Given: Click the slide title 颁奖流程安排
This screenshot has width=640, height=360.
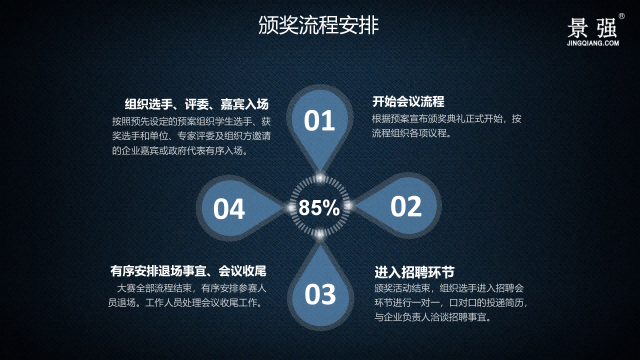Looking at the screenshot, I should pyautogui.click(x=318, y=26).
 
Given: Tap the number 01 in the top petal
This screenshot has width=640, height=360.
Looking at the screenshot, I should pyautogui.click(x=319, y=121).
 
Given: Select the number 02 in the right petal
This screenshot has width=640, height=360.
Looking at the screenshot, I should pyautogui.click(x=406, y=207).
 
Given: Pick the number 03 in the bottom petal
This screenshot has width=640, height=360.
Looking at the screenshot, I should pyautogui.click(x=319, y=294).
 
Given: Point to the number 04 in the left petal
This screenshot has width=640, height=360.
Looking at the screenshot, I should pyautogui.click(x=229, y=208).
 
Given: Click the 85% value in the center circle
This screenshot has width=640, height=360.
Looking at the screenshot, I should pyautogui.click(x=319, y=208).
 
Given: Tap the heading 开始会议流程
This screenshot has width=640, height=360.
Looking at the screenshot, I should pyautogui.click(x=408, y=102).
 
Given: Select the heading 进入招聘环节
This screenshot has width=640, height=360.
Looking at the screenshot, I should pyautogui.click(x=414, y=272).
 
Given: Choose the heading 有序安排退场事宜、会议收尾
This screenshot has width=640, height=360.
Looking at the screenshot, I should pyautogui.click(x=188, y=271).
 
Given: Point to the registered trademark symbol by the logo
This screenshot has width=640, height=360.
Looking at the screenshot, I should pyautogui.click(x=620, y=16).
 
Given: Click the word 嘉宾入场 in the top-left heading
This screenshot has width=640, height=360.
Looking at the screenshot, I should pyautogui.click(x=246, y=104).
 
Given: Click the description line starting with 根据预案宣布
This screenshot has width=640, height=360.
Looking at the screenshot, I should pyautogui.click(x=447, y=118).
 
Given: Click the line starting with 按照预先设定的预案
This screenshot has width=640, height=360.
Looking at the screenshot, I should pyautogui.click(x=190, y=120).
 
